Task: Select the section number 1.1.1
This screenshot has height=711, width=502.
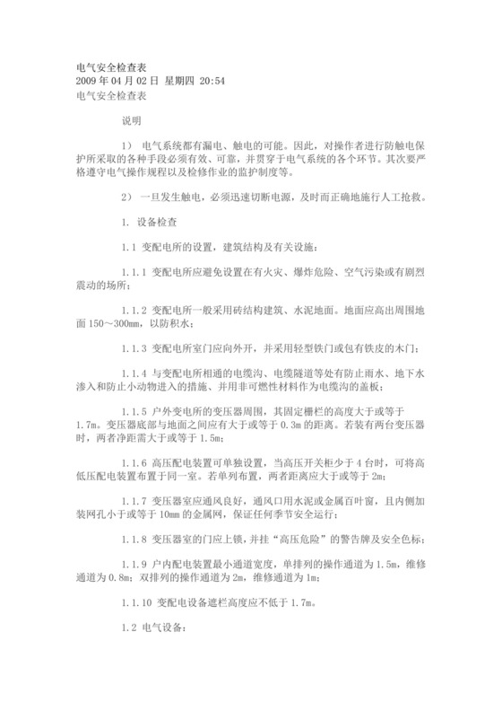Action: (136, 271)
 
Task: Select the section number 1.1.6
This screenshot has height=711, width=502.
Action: (136, 463)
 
